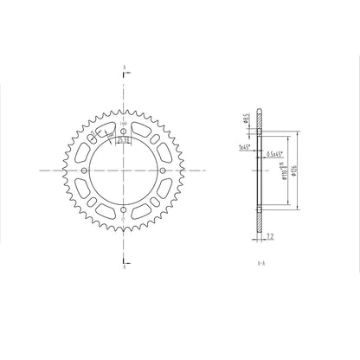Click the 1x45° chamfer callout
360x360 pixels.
click(x=243, y=148)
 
